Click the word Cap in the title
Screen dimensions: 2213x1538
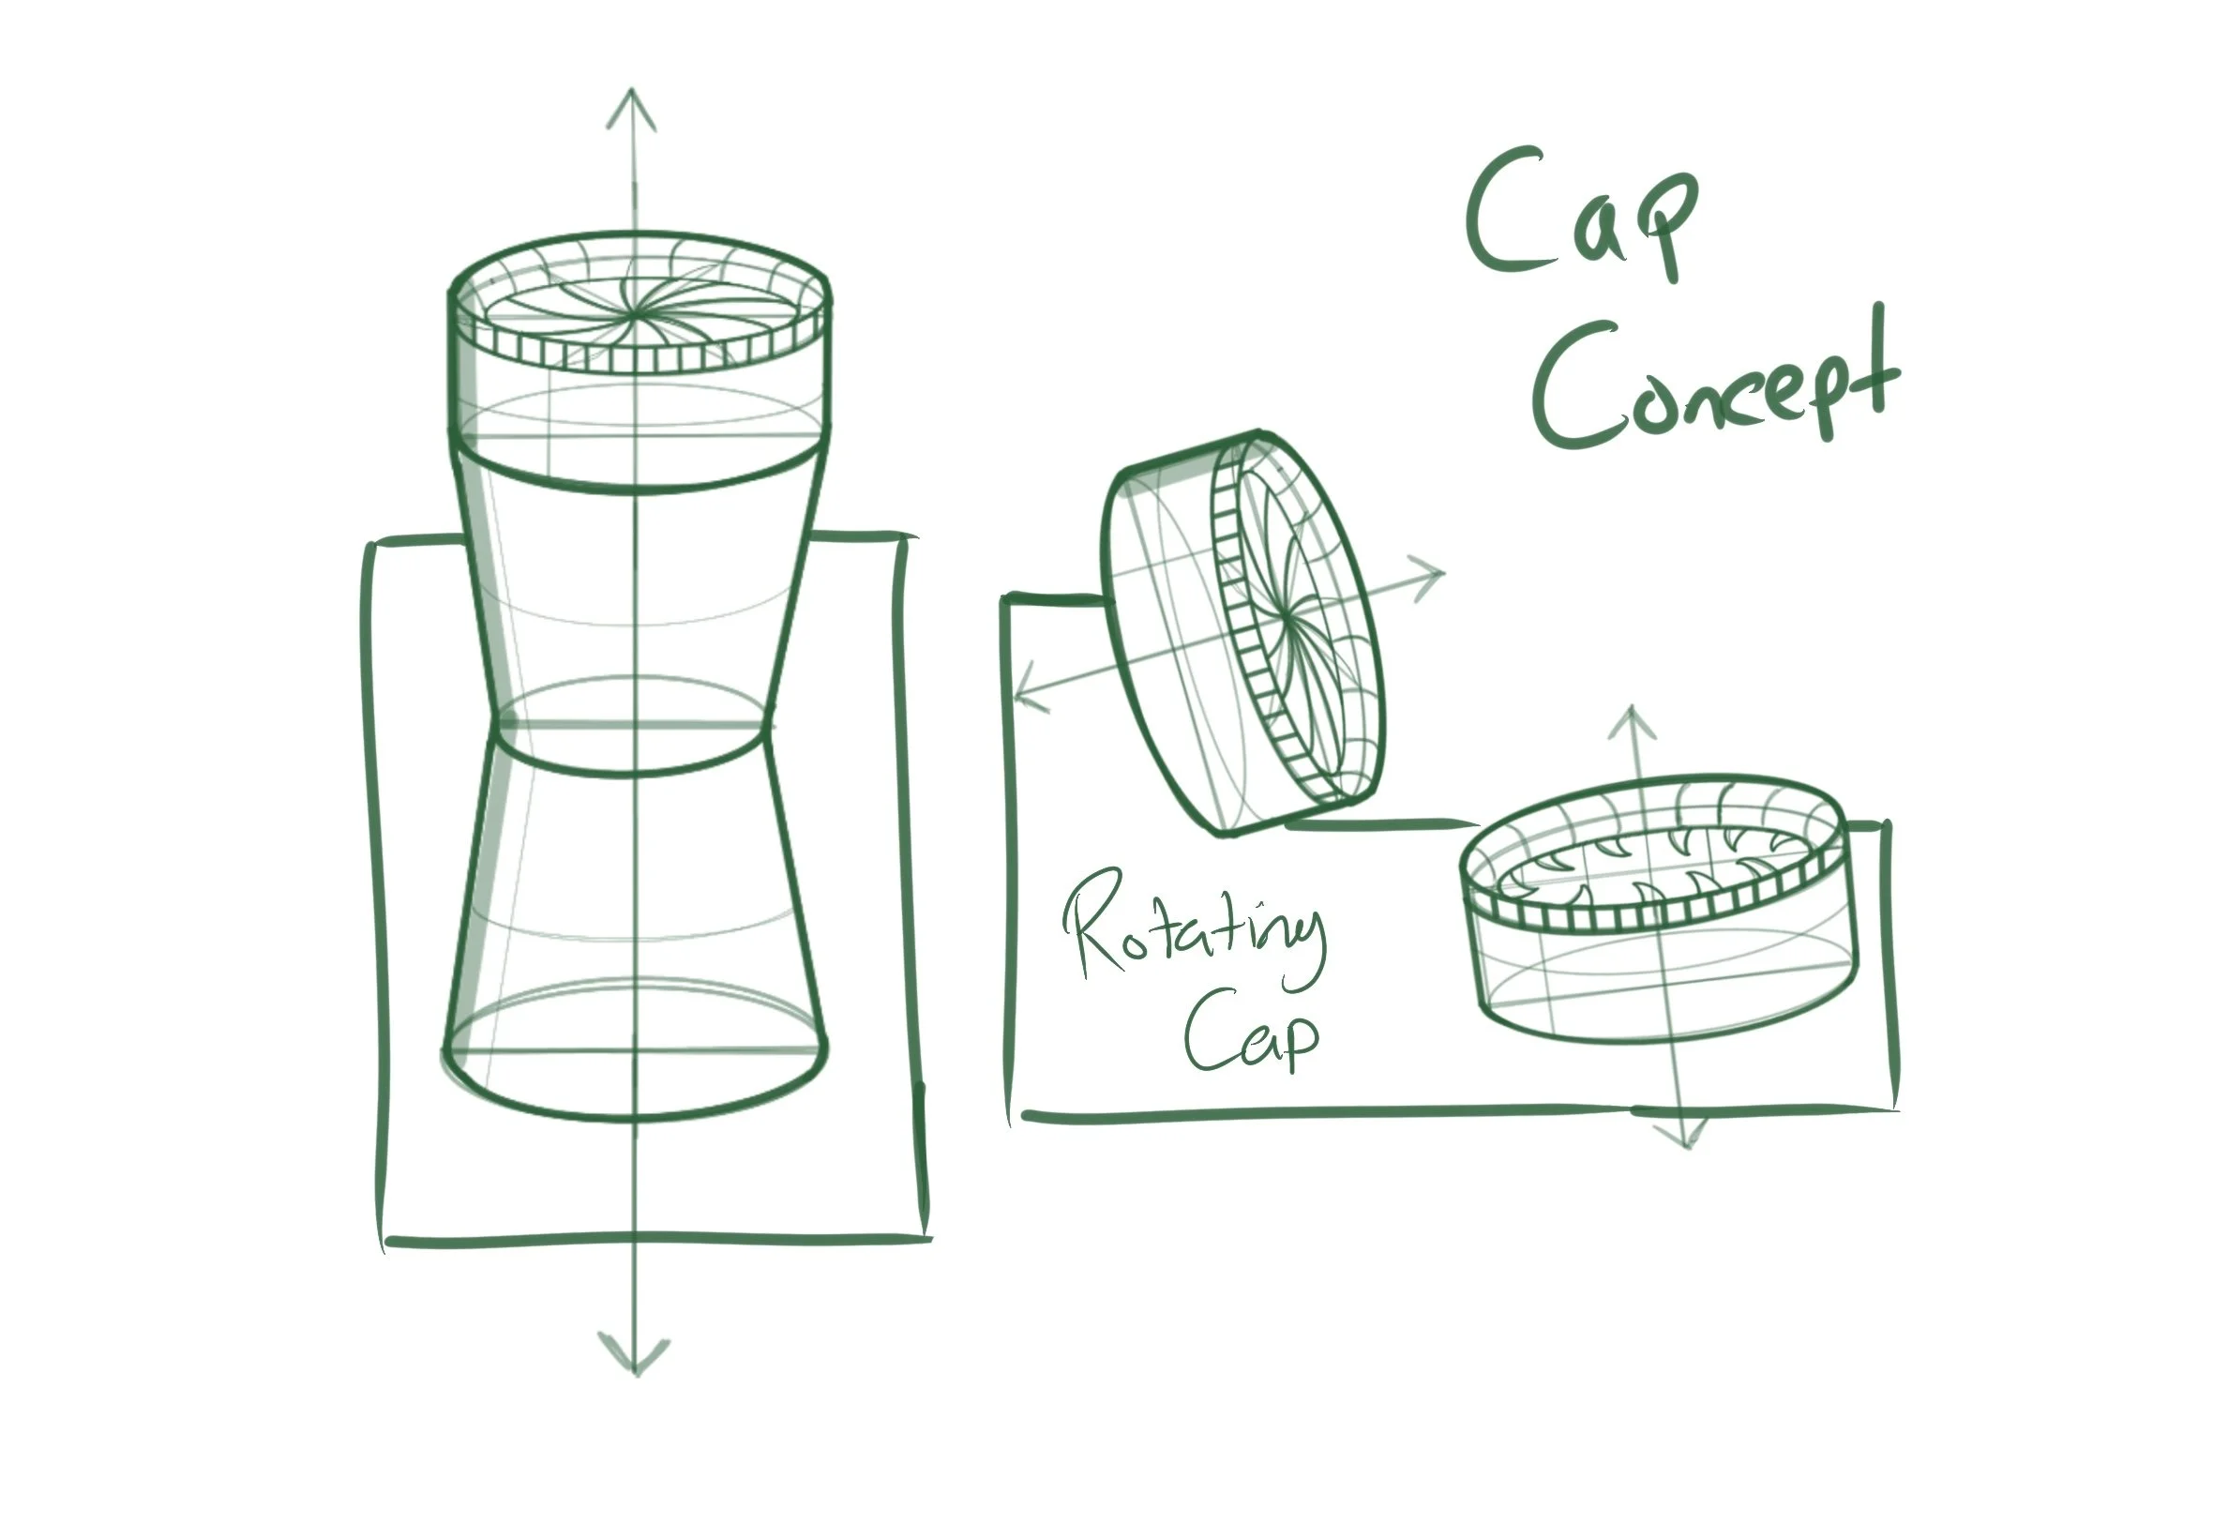click(x=1580, y=217)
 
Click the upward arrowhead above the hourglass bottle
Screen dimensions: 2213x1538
click(x=632, y=106)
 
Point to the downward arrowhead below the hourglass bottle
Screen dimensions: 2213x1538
click(x=634, y=1354)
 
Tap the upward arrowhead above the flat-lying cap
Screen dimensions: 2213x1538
click(x=1631, y=723)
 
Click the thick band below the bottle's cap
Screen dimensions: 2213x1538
click(x=636, y=473)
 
